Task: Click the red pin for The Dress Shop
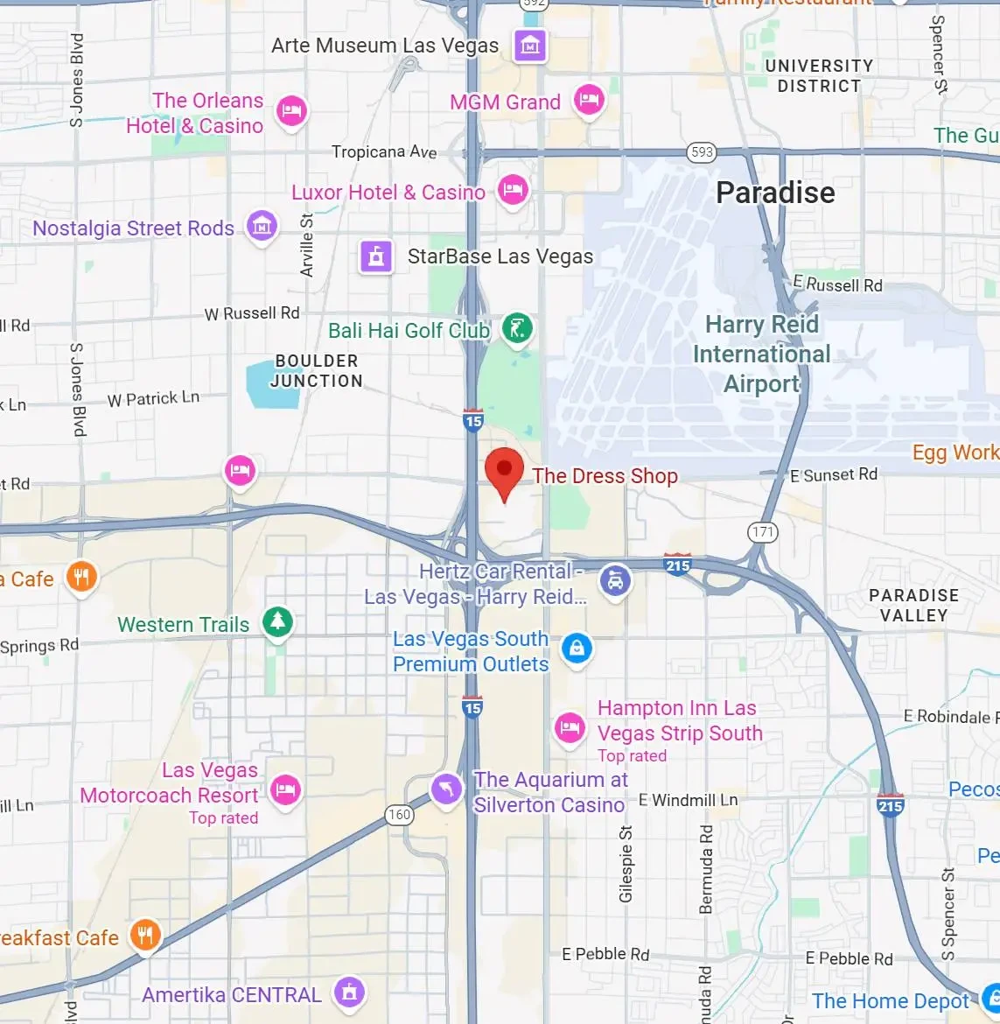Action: (504, 471)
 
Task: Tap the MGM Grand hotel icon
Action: (589, 99)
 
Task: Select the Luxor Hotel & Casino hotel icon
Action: (512, 189)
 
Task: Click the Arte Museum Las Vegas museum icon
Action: (529, 45)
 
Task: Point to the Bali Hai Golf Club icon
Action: (517, 329)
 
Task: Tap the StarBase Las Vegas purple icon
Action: (376, 256)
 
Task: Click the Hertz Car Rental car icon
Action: (615, 579)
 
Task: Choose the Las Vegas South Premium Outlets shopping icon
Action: (576, 649)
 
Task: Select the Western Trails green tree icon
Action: (277, 621)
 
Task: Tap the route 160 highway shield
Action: (399, 815)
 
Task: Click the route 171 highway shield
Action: (763, 532)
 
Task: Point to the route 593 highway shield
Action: (702, 152)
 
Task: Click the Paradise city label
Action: (775, 193)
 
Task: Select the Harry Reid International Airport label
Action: (761, 354)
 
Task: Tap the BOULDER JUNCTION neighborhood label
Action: (316, 371)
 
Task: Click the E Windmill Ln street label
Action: (688, 800)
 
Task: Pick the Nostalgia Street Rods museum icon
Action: (262, 226)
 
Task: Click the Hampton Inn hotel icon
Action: (570, 726)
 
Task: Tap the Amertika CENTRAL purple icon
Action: (349, 992)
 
